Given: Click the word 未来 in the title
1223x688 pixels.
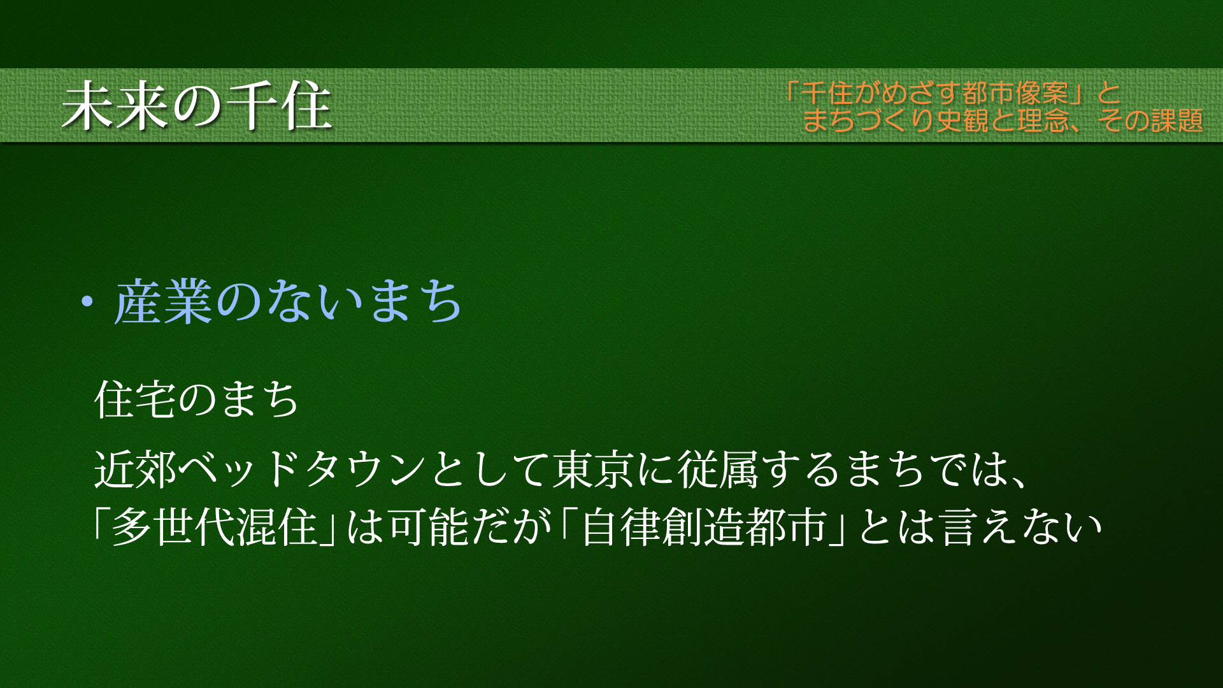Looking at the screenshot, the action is click(116, 106).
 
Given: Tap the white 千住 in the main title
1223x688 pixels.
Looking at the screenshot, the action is click(280, 106).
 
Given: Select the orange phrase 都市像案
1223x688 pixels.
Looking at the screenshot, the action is click(1016, 93).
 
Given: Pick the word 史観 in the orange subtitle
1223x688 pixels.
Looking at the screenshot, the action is click(962, 120).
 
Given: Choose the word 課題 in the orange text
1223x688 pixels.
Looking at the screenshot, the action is click(1177, 120).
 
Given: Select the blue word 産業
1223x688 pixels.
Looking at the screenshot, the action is click(163, 302).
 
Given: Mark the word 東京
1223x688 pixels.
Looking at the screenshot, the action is click(593, 469).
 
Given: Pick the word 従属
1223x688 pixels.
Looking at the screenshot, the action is click(718, 469).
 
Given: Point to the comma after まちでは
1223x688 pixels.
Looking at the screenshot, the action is click(1018, 483).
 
